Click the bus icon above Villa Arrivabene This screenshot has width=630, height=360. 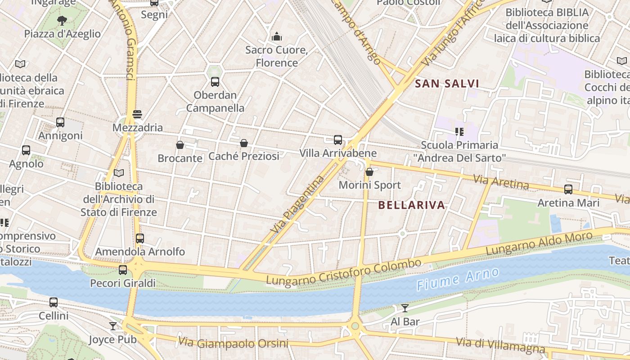pyautogui.click(x=338, y=140)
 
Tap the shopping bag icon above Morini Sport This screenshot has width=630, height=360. pyautogui.click(x=369, y=172)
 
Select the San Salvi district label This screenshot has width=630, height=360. pyautogui.click(x=446, y=84)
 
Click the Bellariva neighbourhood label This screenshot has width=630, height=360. pyautogui.click(x=412, y=205)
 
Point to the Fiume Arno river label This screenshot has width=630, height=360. pyautogui.click(x=458, y=279)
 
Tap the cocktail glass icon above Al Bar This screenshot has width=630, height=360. pyautogui.click(x=405, y=308)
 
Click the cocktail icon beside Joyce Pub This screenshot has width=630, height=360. pyautogui.click(x=112, y=326)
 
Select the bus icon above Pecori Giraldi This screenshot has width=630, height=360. pyautogui.click(x=123, y=270)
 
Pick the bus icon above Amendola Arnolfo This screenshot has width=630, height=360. pyautogui.click(x=140, y=238)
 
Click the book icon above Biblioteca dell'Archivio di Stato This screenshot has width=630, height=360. pyautogui.click(x=119, y=173)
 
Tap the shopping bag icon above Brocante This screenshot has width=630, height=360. pyautogui.click(x=180, y=145)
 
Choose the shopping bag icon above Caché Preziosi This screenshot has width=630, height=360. pyautogui.click(x=244, y=143)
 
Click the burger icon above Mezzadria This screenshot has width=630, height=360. pyautogui.click(x=137, y=114)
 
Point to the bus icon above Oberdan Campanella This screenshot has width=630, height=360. pyautogui.click(x=215, y=82)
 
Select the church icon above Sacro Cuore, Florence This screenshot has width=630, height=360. pyautogui.click(x=277, y=36)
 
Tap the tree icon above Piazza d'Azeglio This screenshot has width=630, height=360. pyautogui.click(x=62, y=20)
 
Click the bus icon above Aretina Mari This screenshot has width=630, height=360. pyautogui.click(x=568, y=189)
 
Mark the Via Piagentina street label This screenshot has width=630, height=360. pyautogui.click(x=297, y=204)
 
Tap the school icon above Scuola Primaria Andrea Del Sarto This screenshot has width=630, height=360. pyautogui.click(x=459, y=132)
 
